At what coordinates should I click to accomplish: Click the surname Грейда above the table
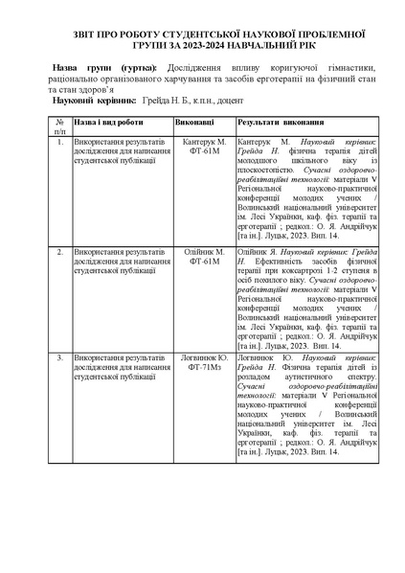[157, 100]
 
